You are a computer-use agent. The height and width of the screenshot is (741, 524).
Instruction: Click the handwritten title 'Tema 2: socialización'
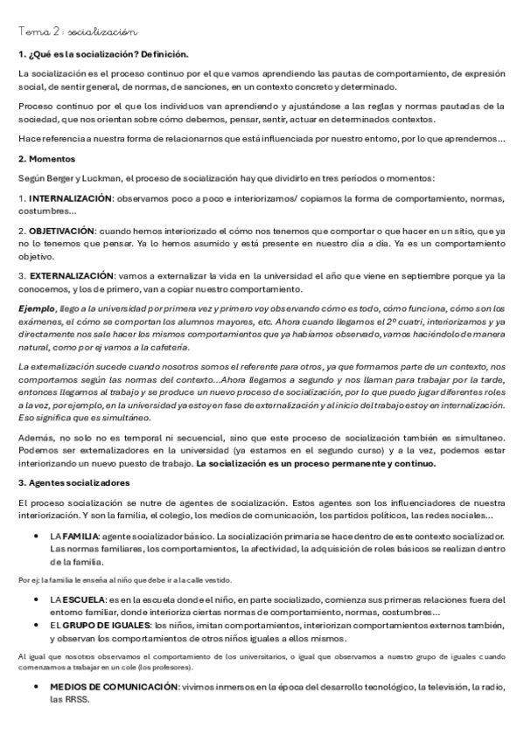pos(77,31)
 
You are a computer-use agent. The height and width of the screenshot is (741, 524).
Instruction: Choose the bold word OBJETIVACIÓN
pos(61,231)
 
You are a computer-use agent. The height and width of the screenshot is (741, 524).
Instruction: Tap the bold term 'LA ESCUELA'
pos(75,600)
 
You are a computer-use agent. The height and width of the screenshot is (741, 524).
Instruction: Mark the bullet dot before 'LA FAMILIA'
pos(34,535)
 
